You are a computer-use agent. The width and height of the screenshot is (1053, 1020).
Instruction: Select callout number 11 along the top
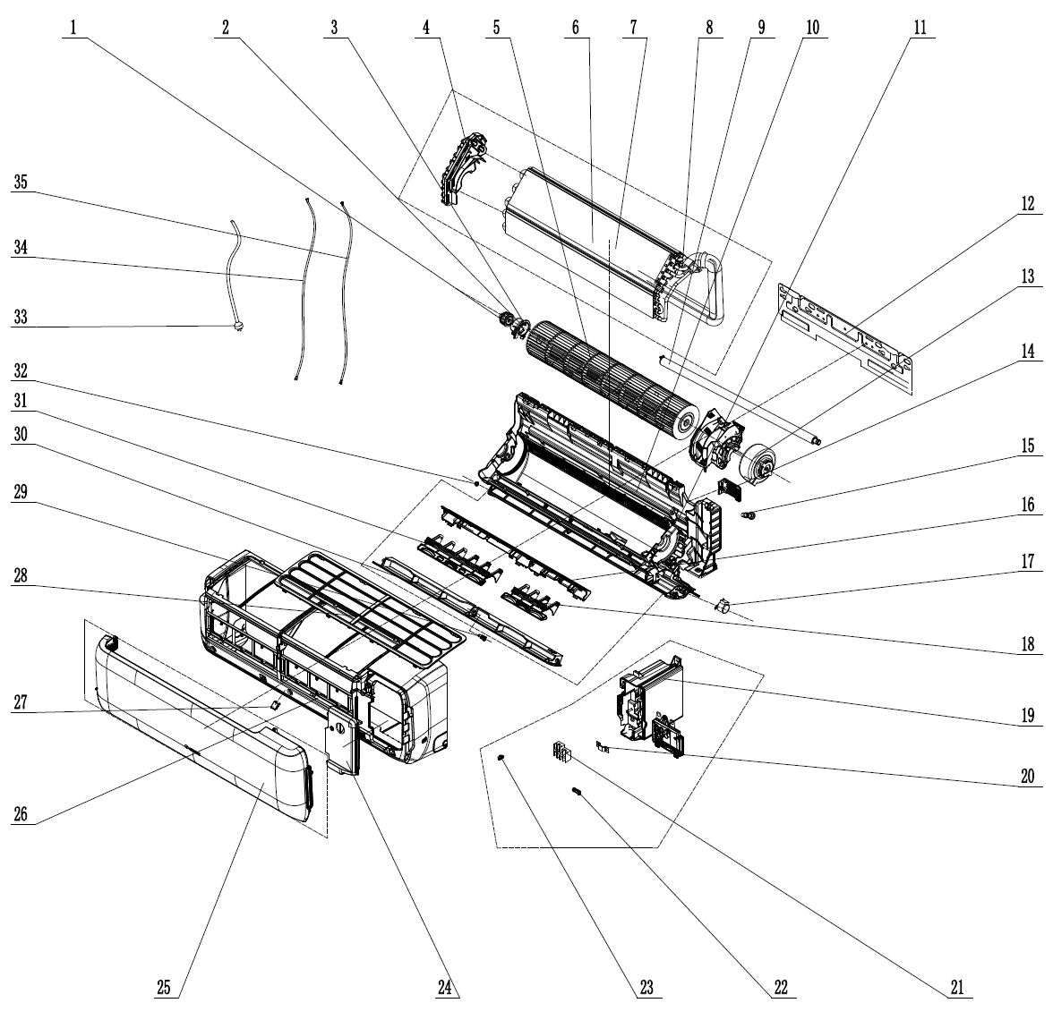[x=920, y=28]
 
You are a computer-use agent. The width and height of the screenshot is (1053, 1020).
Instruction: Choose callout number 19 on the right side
[x=1028, y=715]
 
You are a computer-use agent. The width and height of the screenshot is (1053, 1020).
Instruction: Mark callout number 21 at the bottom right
[x=956, y=987]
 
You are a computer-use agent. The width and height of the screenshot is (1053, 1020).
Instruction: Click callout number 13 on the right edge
[x=1028, y=277]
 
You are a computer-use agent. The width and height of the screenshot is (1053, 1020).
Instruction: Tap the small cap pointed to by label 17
[x=724, y=608]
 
